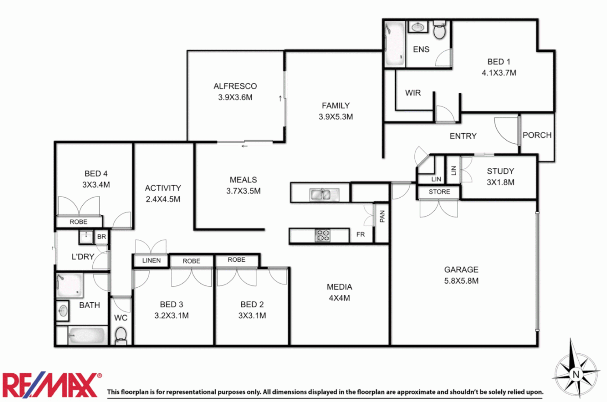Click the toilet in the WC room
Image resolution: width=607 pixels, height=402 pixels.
(121, 335)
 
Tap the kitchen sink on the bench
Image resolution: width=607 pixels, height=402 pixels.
(320, 194)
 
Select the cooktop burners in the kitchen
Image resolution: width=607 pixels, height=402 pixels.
(322, 236)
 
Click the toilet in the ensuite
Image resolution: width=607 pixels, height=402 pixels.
(440, 31)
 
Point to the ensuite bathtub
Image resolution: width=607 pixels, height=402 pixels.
(394, 44)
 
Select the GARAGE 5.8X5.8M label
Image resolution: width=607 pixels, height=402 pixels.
(461, 275)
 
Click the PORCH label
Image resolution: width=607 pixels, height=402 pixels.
(537, 135)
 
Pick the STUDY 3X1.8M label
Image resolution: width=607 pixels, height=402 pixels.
(500, 176)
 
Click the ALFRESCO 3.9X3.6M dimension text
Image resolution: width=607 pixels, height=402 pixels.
(235, 98)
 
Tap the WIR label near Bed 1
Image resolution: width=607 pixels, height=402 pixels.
(413, 93)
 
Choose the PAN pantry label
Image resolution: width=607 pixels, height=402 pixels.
(382, 216)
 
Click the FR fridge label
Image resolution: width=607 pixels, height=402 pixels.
(360, 234)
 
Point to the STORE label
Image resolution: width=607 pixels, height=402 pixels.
(439, 192)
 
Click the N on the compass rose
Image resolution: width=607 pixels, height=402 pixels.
(576, 374)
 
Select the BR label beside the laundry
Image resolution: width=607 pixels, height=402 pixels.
(101, 237)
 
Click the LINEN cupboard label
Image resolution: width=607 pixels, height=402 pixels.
(151, 261)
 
